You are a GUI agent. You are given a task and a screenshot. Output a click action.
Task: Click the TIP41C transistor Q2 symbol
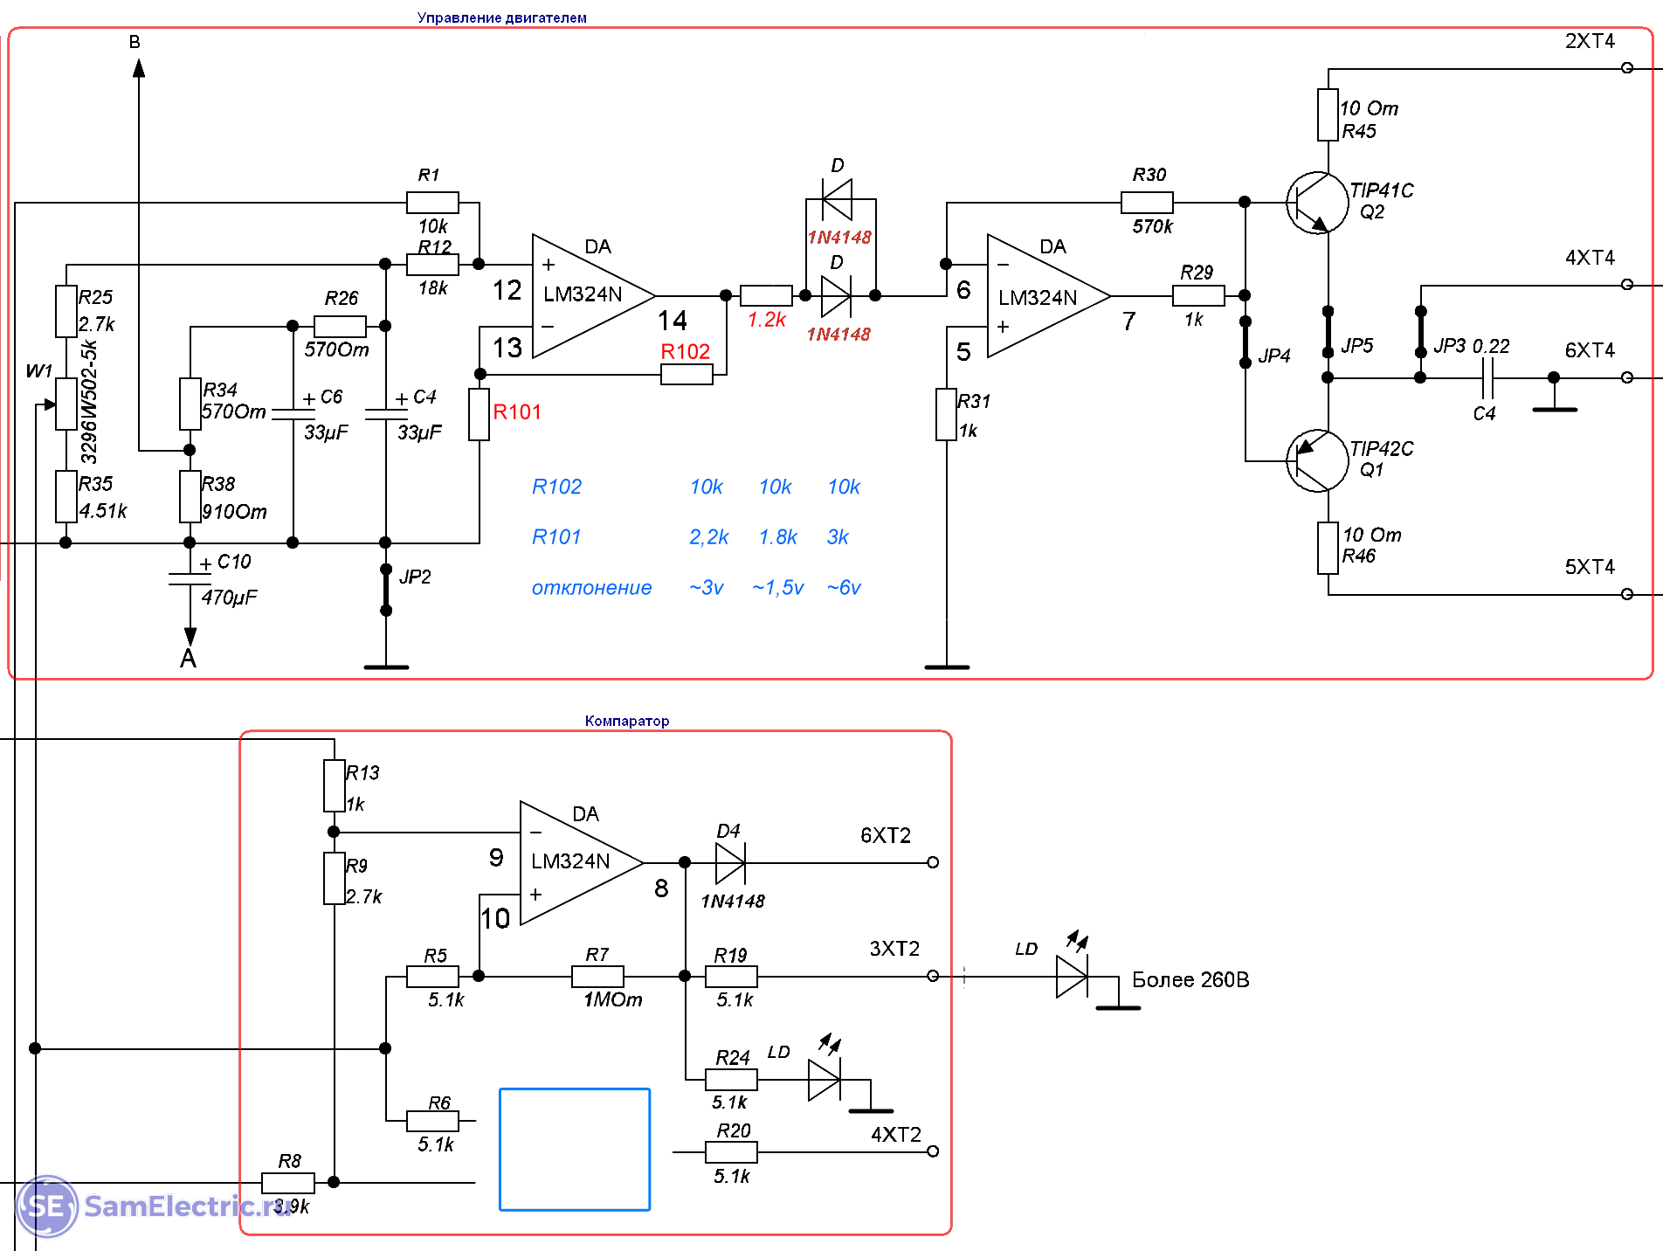(x=1316, y=203)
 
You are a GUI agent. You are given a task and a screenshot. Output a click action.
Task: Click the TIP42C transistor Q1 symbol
(x=1316, y=460)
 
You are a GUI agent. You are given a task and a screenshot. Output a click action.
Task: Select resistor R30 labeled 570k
(x=1147, y=203)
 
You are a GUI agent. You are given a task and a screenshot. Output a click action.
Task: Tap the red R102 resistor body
(x=687, y=375)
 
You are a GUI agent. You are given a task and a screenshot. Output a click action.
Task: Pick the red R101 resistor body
(x=479, y=414)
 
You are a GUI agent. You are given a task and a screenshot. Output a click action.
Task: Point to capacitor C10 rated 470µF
(x=190, y=578)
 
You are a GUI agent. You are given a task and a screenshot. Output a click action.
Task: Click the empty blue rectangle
(x=575, y=1150)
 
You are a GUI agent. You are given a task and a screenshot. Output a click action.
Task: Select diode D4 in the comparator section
(x=729, y=863)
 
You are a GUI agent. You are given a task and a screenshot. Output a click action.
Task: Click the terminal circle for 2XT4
(x=1626, y=68)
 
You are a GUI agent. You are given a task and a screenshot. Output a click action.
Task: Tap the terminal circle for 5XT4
(x=1626, y=594)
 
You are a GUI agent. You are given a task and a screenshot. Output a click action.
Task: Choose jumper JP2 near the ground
(x=386, y=591)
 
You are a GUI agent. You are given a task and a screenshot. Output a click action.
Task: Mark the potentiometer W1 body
(x=66, y=404)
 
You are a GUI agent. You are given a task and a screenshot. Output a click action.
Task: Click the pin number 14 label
(x=673, y=321)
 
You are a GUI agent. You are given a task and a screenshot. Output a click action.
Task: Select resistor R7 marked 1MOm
(x=597, y=976)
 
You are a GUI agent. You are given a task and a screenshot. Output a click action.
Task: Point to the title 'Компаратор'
(x=627, y=721)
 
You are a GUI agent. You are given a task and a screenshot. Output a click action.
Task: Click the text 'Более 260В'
(x=1190, y=980)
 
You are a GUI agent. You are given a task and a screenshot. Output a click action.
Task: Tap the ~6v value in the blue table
(x=844, y=588)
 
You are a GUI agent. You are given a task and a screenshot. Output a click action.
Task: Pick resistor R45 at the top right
(x=1328, y=114)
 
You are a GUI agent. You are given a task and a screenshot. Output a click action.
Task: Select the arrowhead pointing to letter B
(x=139, y=67)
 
